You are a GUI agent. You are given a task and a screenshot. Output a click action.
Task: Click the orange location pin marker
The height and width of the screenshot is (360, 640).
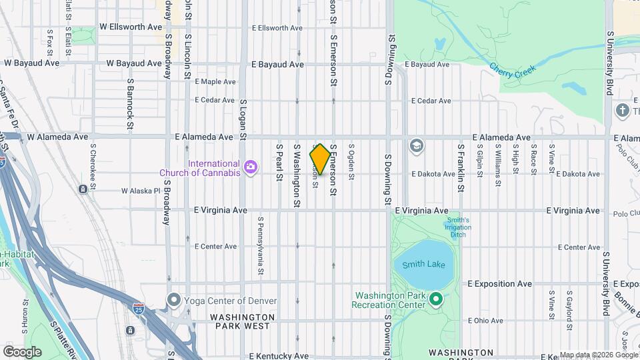[x=320, y=159]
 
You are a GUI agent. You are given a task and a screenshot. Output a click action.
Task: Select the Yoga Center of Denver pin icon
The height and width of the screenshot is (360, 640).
[x=175, y=301]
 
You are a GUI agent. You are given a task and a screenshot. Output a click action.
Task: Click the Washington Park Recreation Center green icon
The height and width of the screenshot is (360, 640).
[x=436, y=299]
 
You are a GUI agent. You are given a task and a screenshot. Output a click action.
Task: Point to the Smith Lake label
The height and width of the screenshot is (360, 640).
[x=424, y=265]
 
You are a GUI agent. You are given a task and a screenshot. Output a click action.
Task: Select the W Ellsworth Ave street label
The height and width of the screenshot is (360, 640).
[x=131, y=27]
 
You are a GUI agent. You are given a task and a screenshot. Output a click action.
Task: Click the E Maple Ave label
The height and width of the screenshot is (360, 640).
[x=215, y=82]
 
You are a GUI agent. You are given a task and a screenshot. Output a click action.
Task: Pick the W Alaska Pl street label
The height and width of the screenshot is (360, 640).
[x=141, y=191]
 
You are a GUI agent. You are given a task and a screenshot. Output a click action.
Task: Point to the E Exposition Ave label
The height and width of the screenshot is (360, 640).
[x=499, y=284]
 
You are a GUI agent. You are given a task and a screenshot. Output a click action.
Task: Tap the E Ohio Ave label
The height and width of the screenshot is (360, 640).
[x=485, y=321]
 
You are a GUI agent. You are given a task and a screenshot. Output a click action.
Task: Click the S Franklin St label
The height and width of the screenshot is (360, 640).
[x=460, y=168]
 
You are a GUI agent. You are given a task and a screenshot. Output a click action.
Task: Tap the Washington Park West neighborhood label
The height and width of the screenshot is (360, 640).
[x=242, y=322]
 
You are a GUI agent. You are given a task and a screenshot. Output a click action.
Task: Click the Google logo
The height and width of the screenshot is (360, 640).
[x=23, y=351]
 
